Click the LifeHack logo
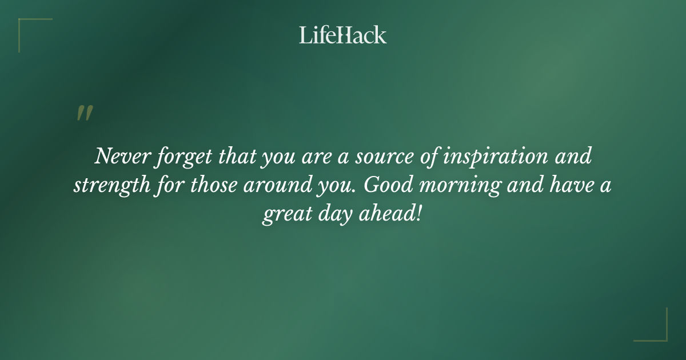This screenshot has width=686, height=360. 343,35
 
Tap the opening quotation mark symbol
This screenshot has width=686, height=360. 84,113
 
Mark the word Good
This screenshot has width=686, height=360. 385,186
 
